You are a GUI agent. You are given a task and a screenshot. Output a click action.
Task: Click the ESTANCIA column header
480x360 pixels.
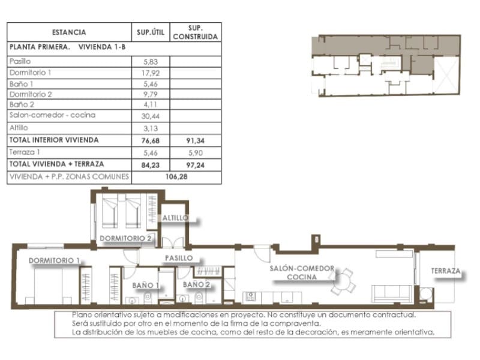68,32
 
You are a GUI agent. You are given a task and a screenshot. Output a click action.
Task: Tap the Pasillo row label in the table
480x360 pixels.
20,61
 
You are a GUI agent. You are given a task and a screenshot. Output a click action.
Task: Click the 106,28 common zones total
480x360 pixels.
176,177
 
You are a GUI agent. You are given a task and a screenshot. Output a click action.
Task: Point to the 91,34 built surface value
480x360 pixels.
196,140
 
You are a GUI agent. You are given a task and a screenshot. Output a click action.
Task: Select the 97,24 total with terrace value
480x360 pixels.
196,164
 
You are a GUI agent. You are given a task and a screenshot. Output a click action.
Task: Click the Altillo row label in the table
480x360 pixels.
19,128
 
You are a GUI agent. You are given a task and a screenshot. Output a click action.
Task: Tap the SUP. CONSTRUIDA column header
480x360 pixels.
196,32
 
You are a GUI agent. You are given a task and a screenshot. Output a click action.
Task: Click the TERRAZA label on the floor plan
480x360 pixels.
445,271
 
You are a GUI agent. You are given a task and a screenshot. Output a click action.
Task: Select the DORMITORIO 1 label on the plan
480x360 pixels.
54,260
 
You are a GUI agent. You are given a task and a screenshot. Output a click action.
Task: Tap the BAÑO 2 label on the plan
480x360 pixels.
196,284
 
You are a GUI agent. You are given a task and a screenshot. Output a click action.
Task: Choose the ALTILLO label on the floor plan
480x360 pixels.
175,218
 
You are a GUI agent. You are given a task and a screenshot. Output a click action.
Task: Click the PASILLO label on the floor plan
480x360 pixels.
179,257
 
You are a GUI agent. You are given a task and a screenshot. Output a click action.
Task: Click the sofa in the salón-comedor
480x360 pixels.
392,293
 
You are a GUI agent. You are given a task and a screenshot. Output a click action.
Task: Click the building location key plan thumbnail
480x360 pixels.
384,65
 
